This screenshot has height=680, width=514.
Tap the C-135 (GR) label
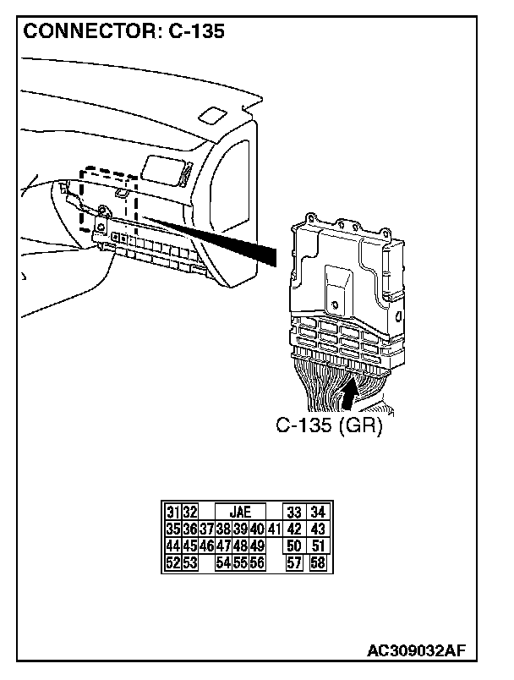pos(330,426)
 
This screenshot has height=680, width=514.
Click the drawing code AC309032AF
pos(417,650)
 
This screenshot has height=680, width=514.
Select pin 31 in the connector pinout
pos(172,512)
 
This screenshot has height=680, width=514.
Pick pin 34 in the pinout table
pos(318,512)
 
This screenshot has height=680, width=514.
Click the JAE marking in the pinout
pos(240,512)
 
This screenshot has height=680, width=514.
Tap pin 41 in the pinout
pos(273,529)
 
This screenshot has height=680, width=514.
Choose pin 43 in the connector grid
pos(318,529)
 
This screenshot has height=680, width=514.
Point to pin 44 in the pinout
pos(172,546)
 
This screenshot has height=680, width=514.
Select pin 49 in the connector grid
pos(257,546)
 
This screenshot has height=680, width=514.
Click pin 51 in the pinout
pos(318,546)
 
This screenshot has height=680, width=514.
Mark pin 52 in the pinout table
pos(172,562)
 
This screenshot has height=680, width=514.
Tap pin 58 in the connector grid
pos(318,562)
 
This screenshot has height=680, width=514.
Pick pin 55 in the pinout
pos(240,562)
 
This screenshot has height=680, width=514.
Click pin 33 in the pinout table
pos(294,512)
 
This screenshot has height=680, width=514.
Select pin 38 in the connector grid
pos(223,529)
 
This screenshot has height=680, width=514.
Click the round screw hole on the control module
pos(336,303)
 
